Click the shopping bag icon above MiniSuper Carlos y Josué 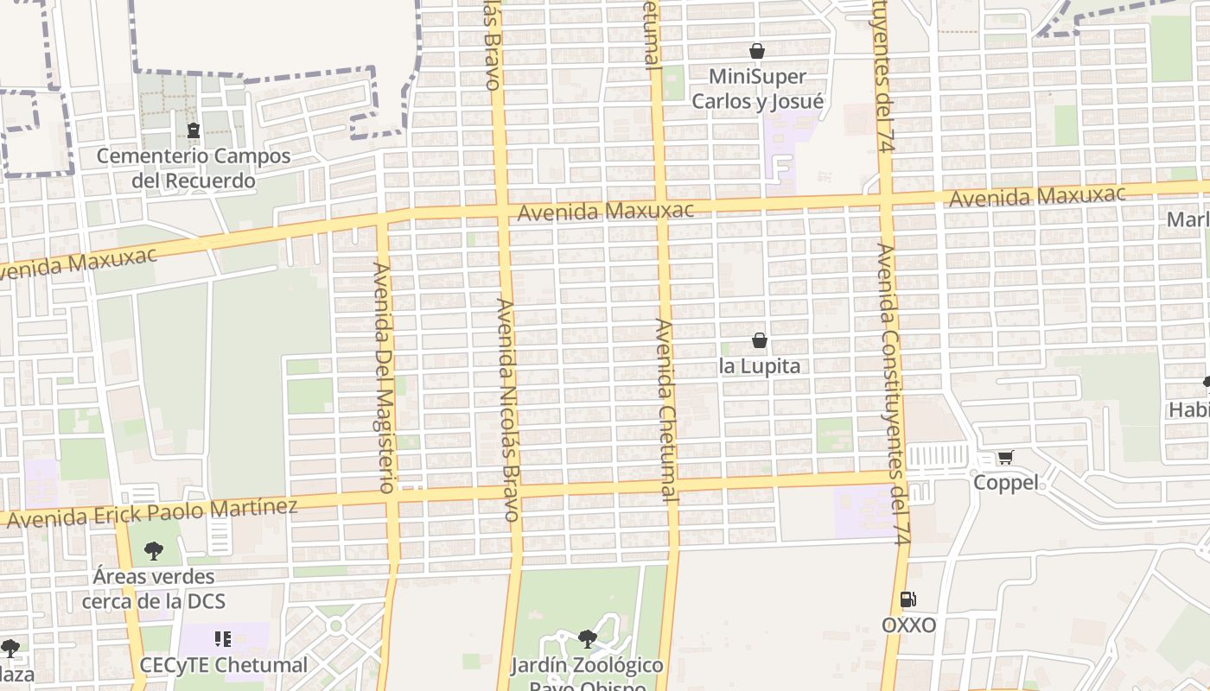tap(757, 52)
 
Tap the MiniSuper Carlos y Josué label tap(757, 89)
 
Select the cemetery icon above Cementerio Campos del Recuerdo tap(193, 130)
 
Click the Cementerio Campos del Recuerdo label tap(194, 168)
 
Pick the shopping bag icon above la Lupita tap(760, 340)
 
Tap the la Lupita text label tap(760, 366)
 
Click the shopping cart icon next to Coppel tap(1004, 457)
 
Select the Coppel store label tap(1006, 483)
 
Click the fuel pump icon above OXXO tap(907, 599)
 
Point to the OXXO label tap(908, 624)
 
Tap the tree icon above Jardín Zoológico tap(588, 639)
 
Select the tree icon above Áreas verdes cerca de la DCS tap(154, 550)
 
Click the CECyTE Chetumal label tap(224, 665)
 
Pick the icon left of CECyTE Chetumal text tap(223, 639)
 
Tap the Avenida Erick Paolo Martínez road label tap(152, 512)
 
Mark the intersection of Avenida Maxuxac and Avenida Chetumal tap(661, 208)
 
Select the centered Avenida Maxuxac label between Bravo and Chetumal tap(605, 211)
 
